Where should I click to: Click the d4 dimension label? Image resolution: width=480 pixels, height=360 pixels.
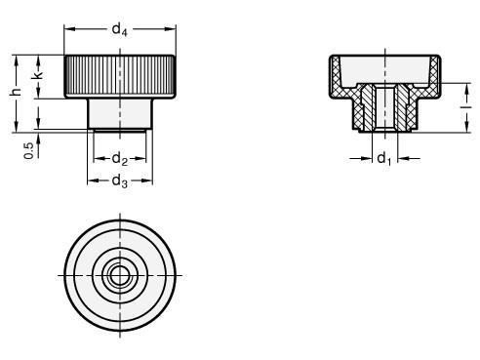(x=120, y=29)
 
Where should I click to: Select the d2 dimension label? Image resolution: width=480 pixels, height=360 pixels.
(x=120, y=159)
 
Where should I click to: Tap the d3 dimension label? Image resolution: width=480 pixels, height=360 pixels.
(x=120, y=180)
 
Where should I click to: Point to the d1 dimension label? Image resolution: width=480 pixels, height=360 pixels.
(x=384, y=159)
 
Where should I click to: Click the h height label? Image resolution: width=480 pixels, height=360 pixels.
(x=16, y=92)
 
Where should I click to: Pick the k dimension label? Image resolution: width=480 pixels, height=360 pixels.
(x=38, y=75)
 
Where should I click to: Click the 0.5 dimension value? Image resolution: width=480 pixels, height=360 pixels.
(x=29, y=151)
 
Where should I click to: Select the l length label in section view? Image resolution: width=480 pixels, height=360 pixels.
(x=466, y=106)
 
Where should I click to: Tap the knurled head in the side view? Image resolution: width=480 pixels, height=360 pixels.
(x=120, y=76)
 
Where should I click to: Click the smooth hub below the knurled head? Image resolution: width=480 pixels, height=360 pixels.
(x=120, y=113)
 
